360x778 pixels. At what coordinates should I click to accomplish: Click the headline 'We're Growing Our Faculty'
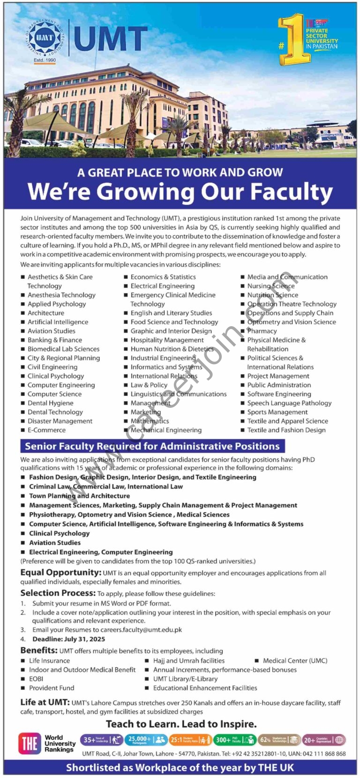(x=180, y=192)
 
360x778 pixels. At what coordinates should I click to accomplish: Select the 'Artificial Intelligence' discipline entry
(x=58, y=322)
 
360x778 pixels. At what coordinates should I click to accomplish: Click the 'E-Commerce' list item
(x=46, y=430)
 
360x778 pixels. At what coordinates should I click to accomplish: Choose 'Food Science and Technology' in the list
(x=174, y=322)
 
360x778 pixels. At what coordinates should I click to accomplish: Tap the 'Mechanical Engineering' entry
(x=166, y=430)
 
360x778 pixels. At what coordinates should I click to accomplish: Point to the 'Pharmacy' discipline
(x=262, y=331)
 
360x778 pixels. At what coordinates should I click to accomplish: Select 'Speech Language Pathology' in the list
(x=289, y=403)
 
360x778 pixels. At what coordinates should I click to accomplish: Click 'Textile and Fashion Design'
(x=286, y=430)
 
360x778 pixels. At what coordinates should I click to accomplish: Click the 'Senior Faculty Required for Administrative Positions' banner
(x=152, y=446)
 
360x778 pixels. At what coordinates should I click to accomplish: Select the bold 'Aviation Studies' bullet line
(x=55, y=543)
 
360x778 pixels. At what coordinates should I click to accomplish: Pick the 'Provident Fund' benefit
(x=52, y=688)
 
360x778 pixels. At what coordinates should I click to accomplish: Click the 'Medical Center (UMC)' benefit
(x=295, y=661)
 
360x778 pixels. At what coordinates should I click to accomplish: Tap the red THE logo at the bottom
(x=30, y=743)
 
